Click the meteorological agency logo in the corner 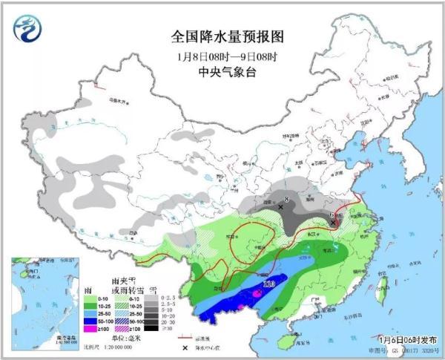click(27, 28)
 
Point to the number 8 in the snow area click(288, 198)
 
